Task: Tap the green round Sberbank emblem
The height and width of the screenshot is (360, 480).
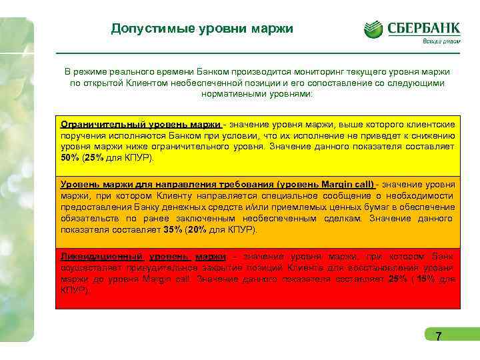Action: [x=373, y=29]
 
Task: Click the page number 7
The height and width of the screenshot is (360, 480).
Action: [x=438, y=337]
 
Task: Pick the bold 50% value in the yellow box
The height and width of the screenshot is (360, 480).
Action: [x=69, y=158]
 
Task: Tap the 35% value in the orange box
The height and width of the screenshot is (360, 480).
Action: [x=173, y=229]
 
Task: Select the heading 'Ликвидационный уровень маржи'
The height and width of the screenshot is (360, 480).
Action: [x=143, y=257]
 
